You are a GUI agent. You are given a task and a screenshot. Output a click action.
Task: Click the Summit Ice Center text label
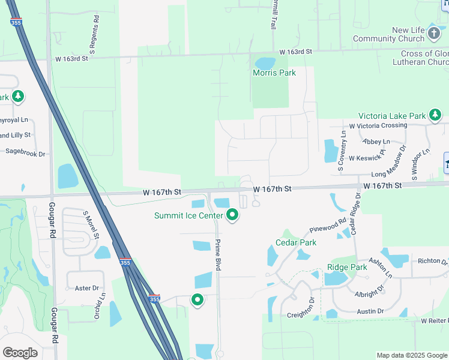(188, 215)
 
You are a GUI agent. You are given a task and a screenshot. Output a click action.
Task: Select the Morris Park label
(274, 73)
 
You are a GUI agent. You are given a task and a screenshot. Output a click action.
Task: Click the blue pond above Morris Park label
(265, 62)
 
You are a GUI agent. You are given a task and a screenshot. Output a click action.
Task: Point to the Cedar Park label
(296, 242)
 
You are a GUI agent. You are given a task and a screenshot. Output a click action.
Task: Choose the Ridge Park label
(347, 267)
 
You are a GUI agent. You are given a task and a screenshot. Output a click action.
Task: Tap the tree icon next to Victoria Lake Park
(435, 115)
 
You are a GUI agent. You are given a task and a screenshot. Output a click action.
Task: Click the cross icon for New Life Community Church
(435, 34)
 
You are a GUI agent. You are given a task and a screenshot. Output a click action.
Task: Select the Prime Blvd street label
(218, 254)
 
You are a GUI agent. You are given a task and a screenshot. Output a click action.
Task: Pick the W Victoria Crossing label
(378, 125)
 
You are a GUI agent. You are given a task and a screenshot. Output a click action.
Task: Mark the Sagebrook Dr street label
(25, 154)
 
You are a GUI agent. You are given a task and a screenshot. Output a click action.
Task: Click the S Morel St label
(91, 224)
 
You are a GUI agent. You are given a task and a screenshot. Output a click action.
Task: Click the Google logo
(20, 353)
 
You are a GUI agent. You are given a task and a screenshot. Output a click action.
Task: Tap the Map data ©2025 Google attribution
(411, 355)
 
